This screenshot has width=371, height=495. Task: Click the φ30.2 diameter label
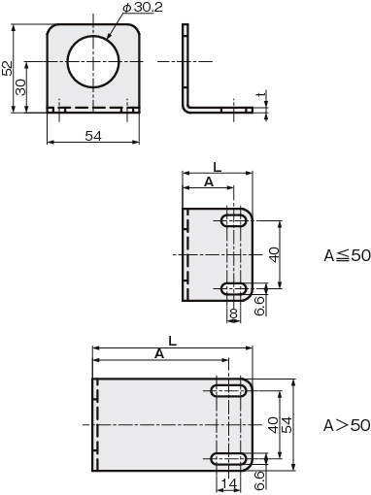[143, 8]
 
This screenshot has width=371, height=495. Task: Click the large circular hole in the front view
[93, 61]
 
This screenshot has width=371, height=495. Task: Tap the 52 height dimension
[7, 68]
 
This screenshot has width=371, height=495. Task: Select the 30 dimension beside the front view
[20, 87]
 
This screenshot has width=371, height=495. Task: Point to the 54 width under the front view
[93, 136]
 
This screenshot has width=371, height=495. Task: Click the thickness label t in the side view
[261, 94]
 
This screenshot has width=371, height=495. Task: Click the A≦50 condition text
[347, 255]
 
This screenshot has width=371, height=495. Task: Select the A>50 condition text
[347, 425]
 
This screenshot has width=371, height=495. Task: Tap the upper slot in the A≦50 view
[234, 220]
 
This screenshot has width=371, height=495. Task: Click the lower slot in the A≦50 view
[234, 288]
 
